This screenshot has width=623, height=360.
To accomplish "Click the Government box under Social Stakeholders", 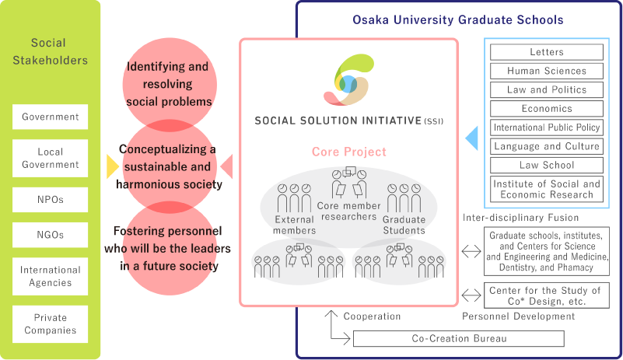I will (50, 117).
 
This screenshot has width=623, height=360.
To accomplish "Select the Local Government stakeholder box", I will (50, 158).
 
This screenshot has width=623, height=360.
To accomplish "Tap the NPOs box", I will (50, 199).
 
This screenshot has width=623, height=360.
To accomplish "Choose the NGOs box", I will (50, 235).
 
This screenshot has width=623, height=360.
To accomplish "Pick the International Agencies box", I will (50, 276).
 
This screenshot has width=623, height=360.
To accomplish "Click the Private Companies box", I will (50, 323).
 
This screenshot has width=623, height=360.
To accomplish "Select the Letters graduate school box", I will (546, 52).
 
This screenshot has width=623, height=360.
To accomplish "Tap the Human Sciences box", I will (546, 71).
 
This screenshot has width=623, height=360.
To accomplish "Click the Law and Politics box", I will (546, 89).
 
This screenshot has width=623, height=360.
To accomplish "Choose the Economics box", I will (546, 109).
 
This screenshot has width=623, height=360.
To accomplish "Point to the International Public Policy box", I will (546, 128).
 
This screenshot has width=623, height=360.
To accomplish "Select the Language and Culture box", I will (546, 146).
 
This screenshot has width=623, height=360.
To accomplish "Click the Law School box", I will (546, 165).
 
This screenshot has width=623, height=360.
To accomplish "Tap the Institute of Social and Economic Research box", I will (546, 189).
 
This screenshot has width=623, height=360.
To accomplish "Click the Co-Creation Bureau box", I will (458, 339).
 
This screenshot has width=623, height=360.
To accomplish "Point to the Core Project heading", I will (348, 152).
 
